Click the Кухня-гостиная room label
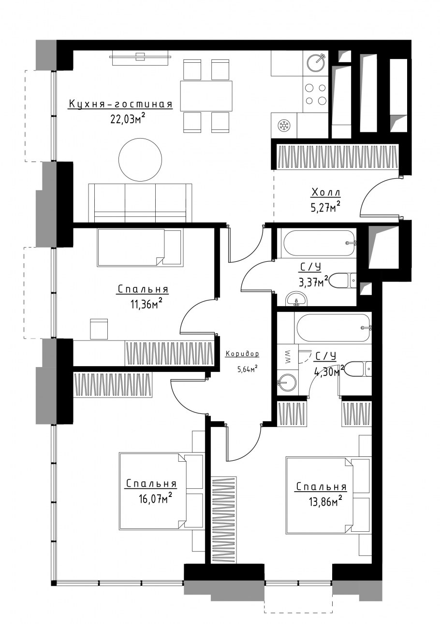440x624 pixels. pyautogui.click(x=121, y=104)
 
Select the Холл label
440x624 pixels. pyautogui.click(x=326, y=192)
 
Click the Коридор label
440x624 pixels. pyautogui.click(x=242, y=354)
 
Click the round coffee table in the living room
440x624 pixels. pyautogui.click(x=140, y=160)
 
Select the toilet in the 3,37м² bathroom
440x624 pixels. pyautogui.click(x=343, y=281)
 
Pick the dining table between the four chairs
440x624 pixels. pyautogui.click(x=206, y=96)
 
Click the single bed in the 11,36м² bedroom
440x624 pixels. pyautogui.click(x=140, y=248)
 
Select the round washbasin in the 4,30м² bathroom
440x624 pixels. pyautogui.click(x=287, y=383)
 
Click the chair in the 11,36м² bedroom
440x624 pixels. pyautogui.click(x=99, y=329)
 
